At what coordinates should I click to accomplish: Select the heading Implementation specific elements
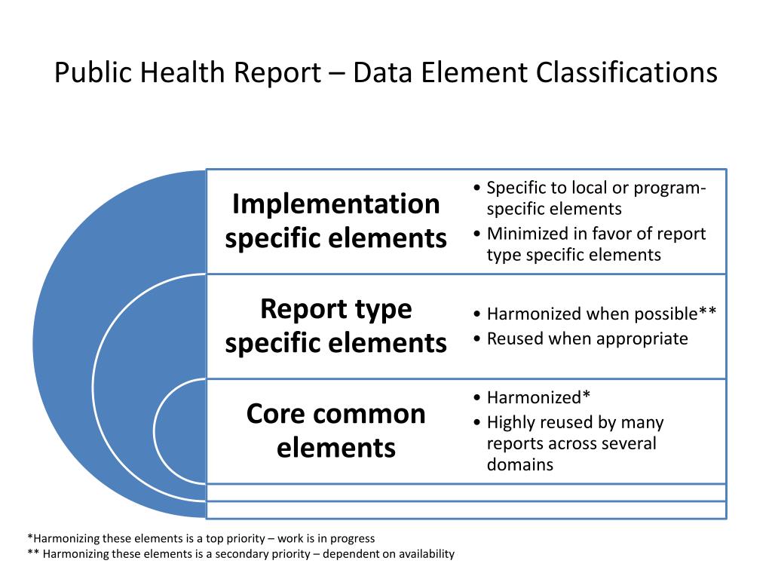(x=335, y=221)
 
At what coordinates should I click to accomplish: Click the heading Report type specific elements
(x=335, y=326)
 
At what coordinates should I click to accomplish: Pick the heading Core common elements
(x=335, y=430)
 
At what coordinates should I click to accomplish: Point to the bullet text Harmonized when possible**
(x=601, y=314)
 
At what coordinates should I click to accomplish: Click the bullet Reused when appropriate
(x=587, y=339)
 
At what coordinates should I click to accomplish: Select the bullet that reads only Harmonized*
(x=538, y=397)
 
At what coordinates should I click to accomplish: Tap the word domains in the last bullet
(x=520, y=464)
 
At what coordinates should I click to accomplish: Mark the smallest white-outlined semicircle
(x=179, y=430)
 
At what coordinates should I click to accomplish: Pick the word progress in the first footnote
(x=353, y=539)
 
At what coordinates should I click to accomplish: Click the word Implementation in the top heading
(x=335, y=204)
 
